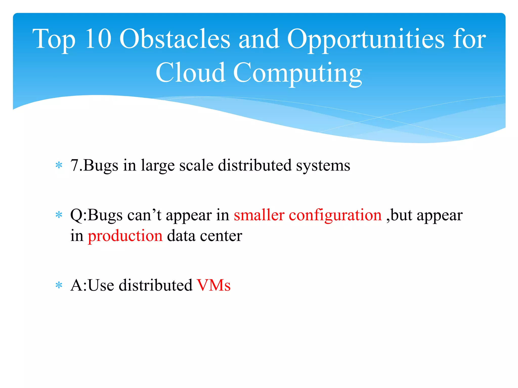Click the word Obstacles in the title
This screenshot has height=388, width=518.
(175, 39)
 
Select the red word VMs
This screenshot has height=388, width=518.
(214, 285)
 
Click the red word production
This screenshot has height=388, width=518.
(125, 236)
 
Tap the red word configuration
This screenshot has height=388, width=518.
(335, 216)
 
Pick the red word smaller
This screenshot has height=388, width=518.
(259, 216)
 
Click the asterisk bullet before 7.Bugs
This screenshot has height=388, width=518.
(59, 166)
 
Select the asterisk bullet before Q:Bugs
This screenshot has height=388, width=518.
(59, 215)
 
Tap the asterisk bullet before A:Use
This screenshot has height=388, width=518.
(59, 285)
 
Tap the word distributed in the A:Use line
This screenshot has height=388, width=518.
(156, 285)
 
